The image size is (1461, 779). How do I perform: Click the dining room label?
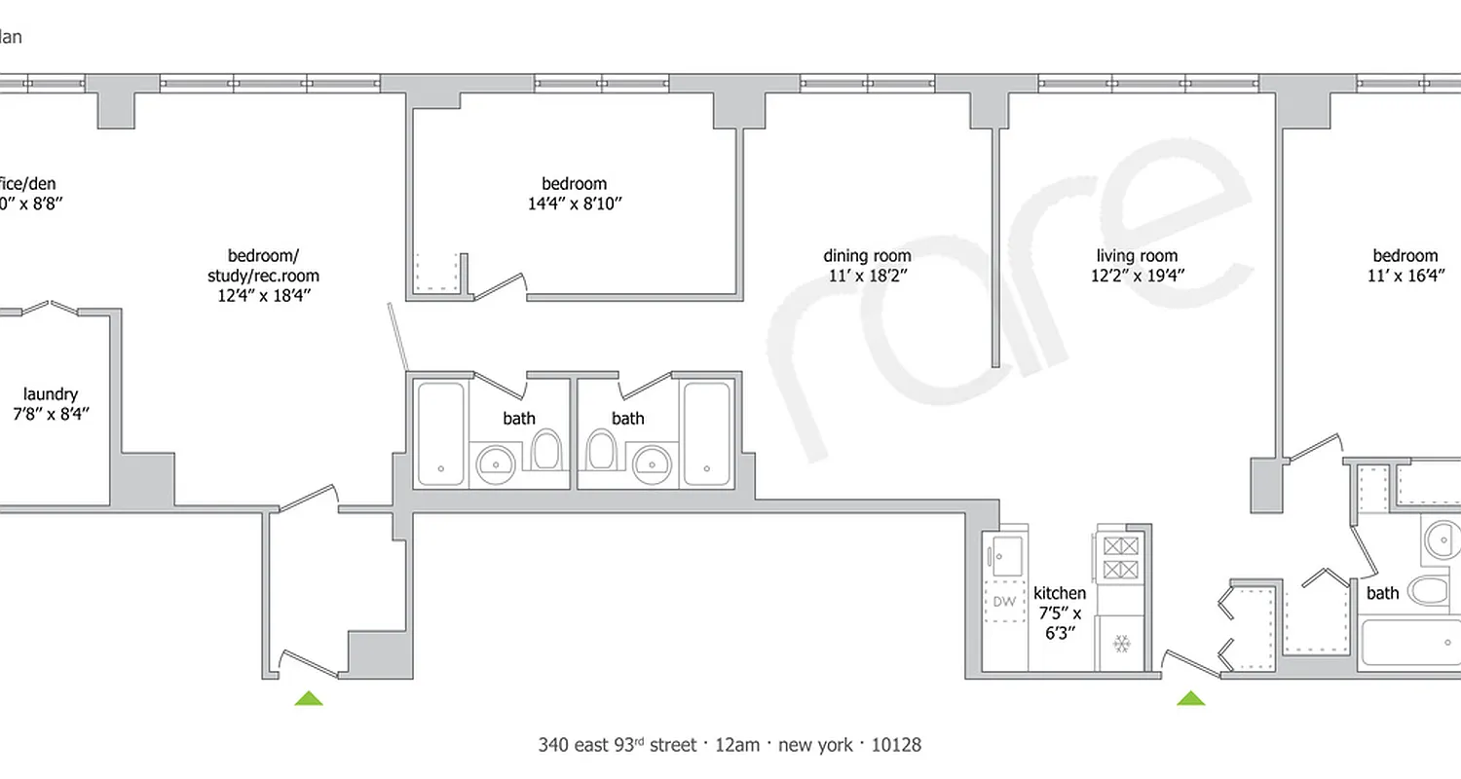click(867, 256)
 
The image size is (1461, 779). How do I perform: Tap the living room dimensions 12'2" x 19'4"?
click(1138, 277)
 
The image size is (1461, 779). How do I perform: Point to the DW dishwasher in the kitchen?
click(1003, 602)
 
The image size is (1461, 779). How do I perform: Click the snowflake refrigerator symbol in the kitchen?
click(1121, 645)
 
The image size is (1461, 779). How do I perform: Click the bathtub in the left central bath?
click(441, 433)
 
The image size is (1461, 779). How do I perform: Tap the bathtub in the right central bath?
click(706, 433)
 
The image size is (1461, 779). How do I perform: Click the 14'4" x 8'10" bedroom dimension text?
click(574, 204)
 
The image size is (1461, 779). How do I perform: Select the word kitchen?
click(1059, 593)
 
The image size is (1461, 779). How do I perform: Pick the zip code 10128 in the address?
click(895, 745)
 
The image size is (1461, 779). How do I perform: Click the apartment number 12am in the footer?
click(730, 745)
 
